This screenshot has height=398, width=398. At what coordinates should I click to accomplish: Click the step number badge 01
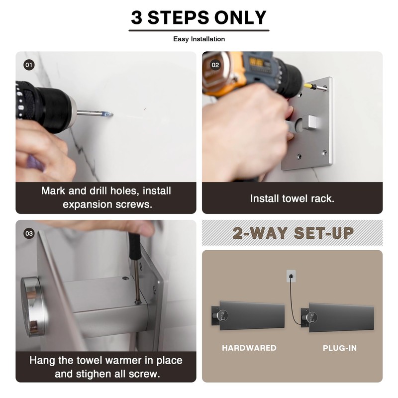click(x=29, y=65)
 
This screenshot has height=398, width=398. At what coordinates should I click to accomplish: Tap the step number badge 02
click(x=215, y=65)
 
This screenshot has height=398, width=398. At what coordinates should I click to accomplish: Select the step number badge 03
click(x=29, y=233)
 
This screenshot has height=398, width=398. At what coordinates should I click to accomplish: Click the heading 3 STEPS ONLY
click(x=199, y=18)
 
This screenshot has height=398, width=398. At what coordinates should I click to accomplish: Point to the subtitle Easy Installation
click(x=199, y=39)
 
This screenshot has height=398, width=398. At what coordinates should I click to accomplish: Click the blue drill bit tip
click(x=108, y=114)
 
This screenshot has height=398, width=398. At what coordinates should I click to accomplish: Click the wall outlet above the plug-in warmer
click(x=291, y=276)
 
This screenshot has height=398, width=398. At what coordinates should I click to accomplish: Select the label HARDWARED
click(x=249, y=348)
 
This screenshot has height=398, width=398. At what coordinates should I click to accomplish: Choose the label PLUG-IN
click(x=340, y=348)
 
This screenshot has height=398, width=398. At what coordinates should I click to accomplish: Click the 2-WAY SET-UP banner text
click(x=293, y=233)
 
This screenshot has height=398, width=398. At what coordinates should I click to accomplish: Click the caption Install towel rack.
click(x=292, y=199)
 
